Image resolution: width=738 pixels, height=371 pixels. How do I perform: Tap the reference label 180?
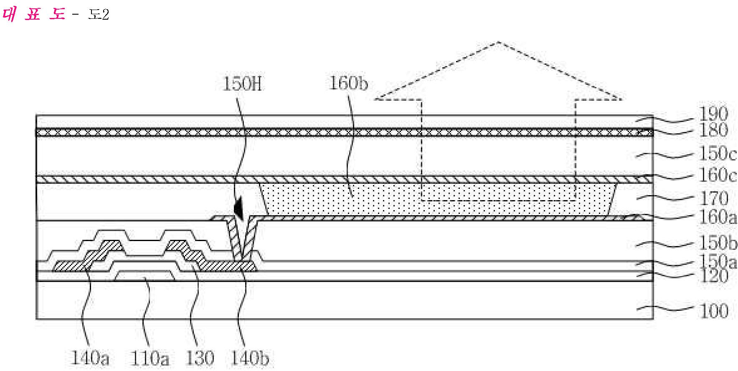coord(713,130)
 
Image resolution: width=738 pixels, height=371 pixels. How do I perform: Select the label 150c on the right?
coord(718,154)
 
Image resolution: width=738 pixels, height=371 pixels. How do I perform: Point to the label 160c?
coord(718,175)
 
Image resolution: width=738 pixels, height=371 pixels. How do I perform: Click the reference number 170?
coord(713,198)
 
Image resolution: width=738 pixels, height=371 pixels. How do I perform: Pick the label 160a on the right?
coord(718,217)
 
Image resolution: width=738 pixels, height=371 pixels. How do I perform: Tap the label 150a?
coord(718,262)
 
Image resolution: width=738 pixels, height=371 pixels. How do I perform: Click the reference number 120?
coord(713,276)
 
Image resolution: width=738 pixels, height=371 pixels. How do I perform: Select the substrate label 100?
coord(713,311)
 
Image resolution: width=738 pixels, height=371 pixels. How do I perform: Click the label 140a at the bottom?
coord(90,358)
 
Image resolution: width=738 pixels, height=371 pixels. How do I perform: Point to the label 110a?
coord(150,358)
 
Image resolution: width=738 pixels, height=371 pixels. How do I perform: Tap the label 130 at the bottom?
coord(199,358)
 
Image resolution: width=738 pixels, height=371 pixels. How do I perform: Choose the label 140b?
coord(250,358)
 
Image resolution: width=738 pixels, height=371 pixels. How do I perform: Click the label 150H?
coord(242,85)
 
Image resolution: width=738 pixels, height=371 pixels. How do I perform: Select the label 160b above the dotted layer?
coord(349,84)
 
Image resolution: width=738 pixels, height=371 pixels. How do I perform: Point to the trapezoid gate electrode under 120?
coord(145,276)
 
